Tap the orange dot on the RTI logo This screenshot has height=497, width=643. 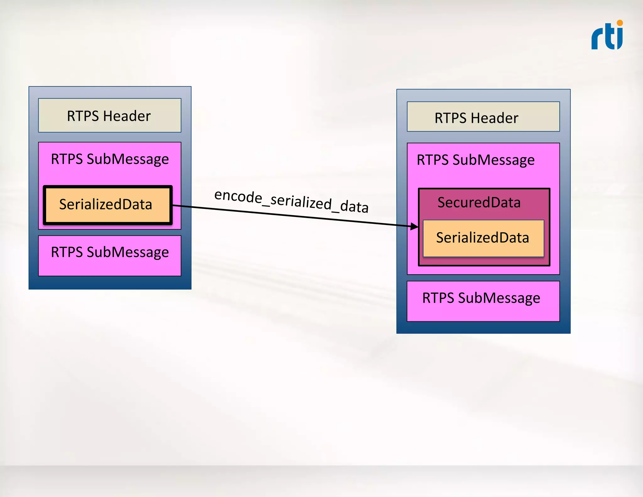pos(620,23)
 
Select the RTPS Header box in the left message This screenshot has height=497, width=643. pos(110,115)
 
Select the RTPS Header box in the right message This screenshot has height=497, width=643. pos(483,117)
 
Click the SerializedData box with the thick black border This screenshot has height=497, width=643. pos(108,205)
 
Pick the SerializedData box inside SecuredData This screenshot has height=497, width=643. pos(483,238)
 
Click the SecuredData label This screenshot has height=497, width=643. pos(479,202)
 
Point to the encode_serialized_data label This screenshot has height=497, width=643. pos(291,201)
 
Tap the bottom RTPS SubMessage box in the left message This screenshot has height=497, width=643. pos(110,256)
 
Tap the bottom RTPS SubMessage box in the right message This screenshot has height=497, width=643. pos(483,301)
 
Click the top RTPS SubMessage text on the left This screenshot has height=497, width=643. pos(110,159)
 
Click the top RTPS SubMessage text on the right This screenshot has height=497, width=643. pos(475,160)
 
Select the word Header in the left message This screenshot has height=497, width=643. pos(127,116)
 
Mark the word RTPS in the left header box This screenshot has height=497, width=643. pos(83,116)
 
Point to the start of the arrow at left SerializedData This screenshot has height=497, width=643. pos(174,205)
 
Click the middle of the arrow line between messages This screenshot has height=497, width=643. pos(295,216)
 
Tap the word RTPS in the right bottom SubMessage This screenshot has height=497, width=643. pos(438,298)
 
